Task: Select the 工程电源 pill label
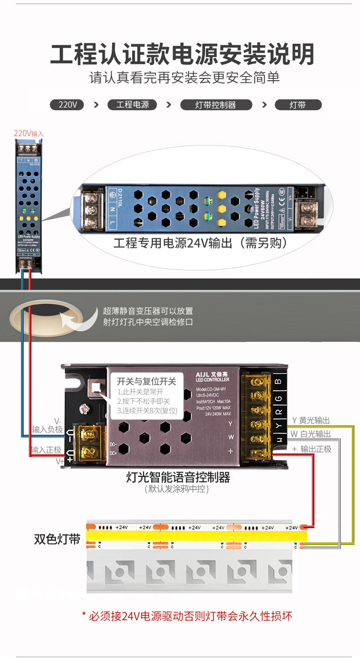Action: [132, 105]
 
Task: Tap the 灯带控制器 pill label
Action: [216, 105]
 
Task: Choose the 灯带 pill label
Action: [298, 105]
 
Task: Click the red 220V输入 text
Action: [28, 134]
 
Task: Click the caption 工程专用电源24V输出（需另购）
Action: [201, 243]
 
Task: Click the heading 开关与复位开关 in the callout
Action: [146, 381]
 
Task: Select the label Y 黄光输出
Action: [311, 420]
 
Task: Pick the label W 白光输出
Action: [311, 434]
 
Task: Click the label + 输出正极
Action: [312, 449]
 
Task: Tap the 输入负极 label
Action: [47, 429]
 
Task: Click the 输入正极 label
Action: [46, 450]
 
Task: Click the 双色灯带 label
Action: [57, 539]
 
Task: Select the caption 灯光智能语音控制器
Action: [178, 477]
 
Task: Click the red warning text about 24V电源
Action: [187, 616]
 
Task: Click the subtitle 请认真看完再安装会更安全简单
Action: [184, 78]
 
